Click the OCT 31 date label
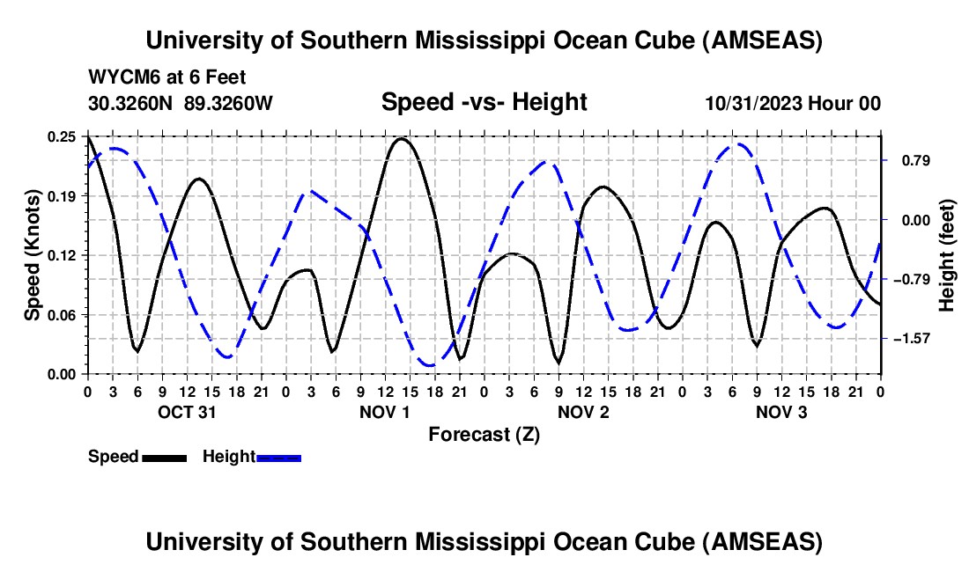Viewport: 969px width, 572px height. pyautogui.click(x=187, y=412)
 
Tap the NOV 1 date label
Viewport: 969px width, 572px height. pyautogui.click(x=385, y=412)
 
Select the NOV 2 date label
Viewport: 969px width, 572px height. pyautogui.click(x=583, y=412)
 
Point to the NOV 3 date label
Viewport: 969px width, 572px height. pyautogui.click(x=781, y=412)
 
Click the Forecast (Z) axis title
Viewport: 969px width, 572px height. pyautogui.click(x=484, y=434)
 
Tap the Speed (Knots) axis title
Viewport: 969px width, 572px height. pyautogui.click(x=33, y=255)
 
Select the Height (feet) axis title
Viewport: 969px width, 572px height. pyautogui.click(x=947, y=255)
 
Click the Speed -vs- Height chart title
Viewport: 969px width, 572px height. pyautogui.click(x=484, y=102)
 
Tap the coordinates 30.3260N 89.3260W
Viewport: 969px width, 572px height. pyautogui.click(x=181, y=103)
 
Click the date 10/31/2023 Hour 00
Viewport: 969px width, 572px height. pyautogui.click(x=793, y=103)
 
